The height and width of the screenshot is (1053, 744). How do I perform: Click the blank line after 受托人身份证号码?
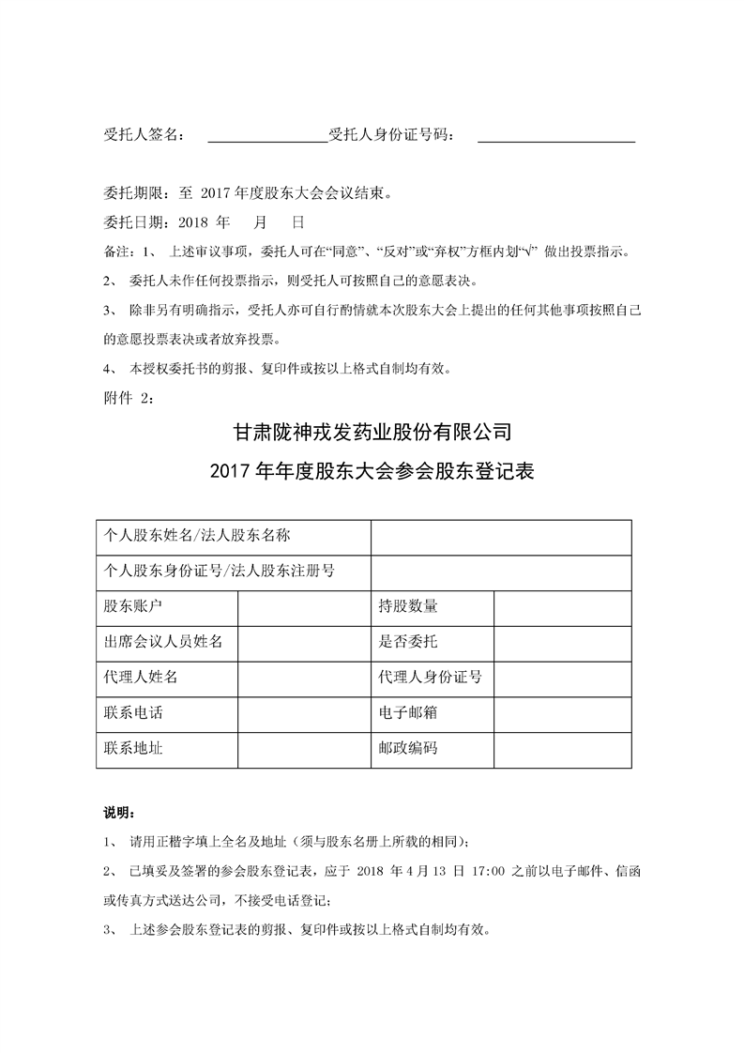click(x=556, y=136)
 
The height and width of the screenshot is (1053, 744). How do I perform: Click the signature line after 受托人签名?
click(x=266, y=136)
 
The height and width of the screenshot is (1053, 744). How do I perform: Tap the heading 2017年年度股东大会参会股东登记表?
click(x=372, y=471)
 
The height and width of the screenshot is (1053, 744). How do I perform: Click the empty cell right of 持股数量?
click(x=562, y=606)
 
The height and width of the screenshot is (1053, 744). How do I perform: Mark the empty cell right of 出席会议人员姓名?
click(x=304, y=642)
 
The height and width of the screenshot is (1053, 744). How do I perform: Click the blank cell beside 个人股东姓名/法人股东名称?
click(x=501, y=536)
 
